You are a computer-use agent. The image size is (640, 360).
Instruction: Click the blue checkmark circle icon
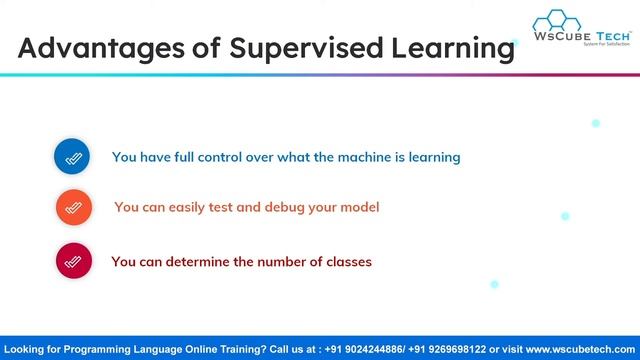tap(72, 157)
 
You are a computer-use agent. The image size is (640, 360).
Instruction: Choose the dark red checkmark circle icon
tap(73, 262)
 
